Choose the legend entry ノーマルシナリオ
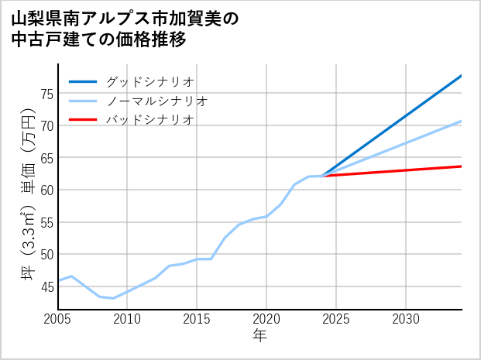coord(157,101)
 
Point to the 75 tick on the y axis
coord(46,94)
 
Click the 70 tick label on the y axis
coord(46,125)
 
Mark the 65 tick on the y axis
coord(46,158)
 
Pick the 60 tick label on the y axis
coord(46,190)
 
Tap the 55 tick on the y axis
coord(46,222)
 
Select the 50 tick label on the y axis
coord(46,254)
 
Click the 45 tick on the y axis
coord(46,286)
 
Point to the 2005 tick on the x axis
coord(57,320)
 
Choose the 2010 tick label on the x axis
coord(127,320)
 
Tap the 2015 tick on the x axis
coord(197,320)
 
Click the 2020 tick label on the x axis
coord(266,320)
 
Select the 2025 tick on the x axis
coord(336,320)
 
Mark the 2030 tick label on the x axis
coord(406,320)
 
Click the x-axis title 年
coord(260,336)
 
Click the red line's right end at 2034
coord(462,166)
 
